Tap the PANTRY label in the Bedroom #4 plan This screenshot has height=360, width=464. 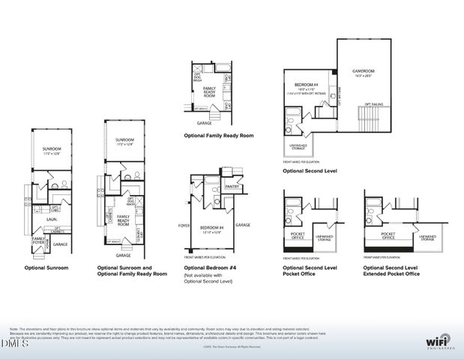point(232,187)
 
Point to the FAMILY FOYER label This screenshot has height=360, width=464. point(37,239)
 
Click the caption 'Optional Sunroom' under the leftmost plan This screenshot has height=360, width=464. point(46,268)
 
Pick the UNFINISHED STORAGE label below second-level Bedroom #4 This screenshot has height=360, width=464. point(298,147)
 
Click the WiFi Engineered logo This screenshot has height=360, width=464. point(439,340)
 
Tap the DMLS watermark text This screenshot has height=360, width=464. point(13,343)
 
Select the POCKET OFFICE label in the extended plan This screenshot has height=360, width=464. point(388,235)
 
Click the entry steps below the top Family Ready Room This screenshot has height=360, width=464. point(214,112)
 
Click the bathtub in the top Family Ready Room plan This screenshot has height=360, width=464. point(223,68)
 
